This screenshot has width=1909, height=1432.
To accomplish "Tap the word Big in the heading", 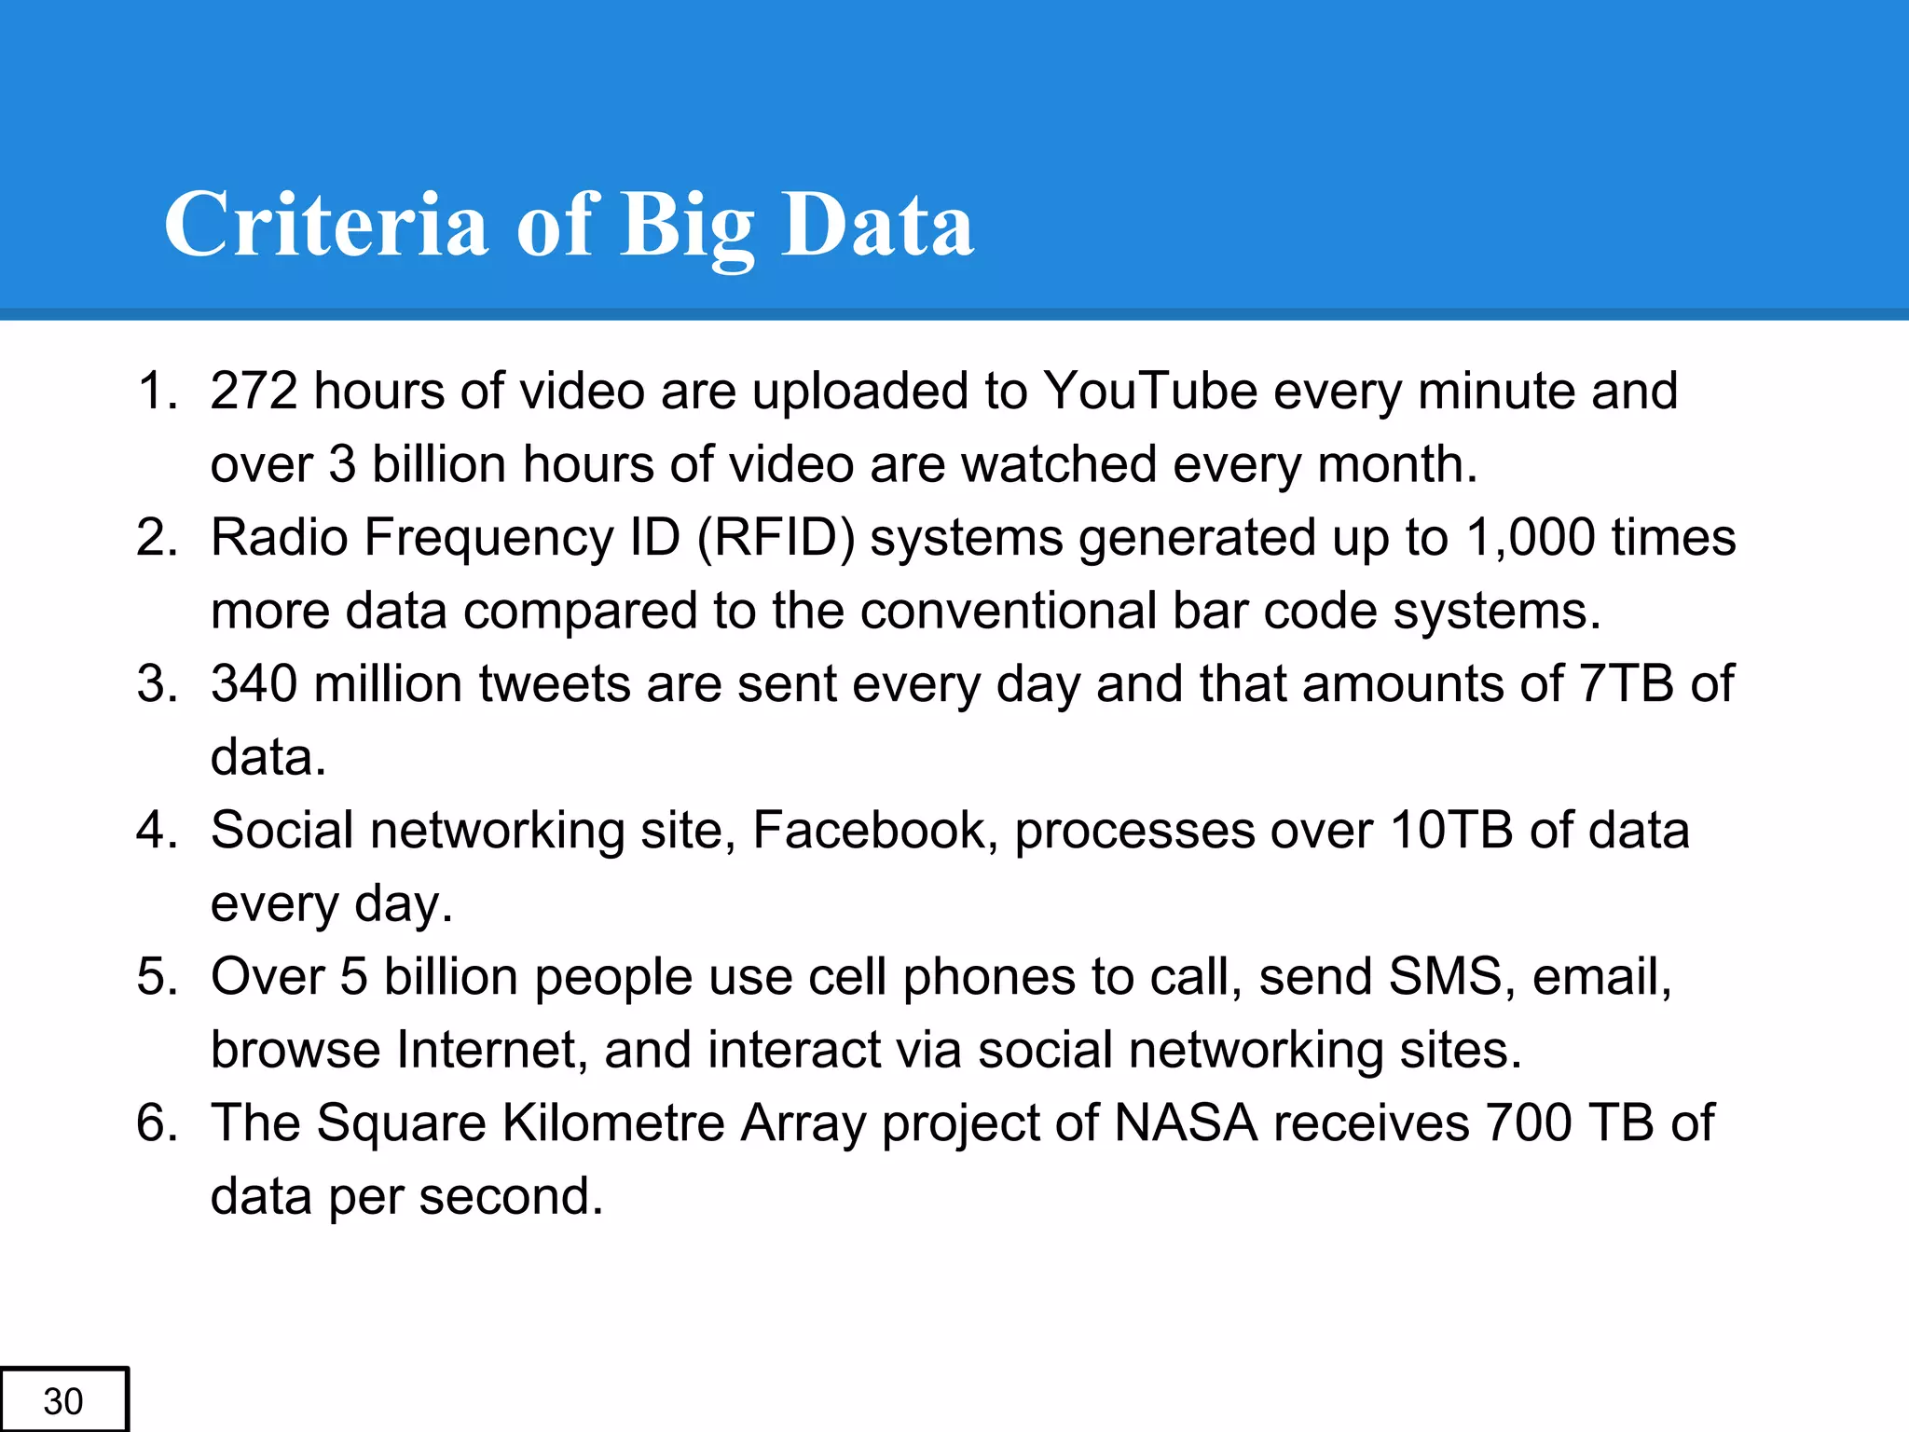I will pos(687,227).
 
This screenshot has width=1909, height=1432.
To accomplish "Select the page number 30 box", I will pos(63,1399).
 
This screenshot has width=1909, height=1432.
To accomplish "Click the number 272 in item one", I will pos(254,390).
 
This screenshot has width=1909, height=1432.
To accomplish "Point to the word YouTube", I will pos(1150,390).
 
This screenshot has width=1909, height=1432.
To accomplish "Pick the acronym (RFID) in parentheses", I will pos(776,538).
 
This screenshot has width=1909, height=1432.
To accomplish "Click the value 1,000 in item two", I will pos(1531,538).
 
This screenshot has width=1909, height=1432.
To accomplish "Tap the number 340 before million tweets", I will pos(254,683).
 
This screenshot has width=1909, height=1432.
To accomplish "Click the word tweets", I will pos(555,683).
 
